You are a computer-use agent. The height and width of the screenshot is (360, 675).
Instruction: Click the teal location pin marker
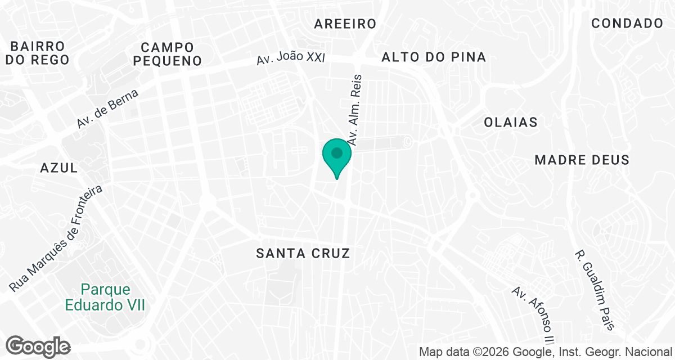pos(337,156)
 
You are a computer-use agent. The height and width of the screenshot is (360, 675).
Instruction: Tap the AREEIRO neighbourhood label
pos(345,24)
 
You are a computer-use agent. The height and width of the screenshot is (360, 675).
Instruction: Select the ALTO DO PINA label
pos(433,57)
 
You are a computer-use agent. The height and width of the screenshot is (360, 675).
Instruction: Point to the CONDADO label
pos(627,24)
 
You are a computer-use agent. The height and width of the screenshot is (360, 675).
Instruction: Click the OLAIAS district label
pos(511,122)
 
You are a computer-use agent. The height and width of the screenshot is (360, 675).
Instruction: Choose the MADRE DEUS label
pos(582,160)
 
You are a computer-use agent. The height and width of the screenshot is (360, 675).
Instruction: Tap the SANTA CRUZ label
pos(303,253)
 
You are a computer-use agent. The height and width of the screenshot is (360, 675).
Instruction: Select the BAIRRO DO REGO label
pos(38,53)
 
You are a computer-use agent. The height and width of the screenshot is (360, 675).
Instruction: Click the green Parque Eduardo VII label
pos(105,298)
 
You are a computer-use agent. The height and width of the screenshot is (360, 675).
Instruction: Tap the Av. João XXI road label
pos(291,58)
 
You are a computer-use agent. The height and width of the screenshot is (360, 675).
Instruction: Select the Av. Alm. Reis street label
pos(354,110)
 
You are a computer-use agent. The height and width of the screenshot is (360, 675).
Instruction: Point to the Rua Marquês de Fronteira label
pos(56,239)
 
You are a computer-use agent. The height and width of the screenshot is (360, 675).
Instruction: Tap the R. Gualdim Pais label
pos(595,290)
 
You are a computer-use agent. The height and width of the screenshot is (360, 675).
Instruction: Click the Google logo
pos(38,346)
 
